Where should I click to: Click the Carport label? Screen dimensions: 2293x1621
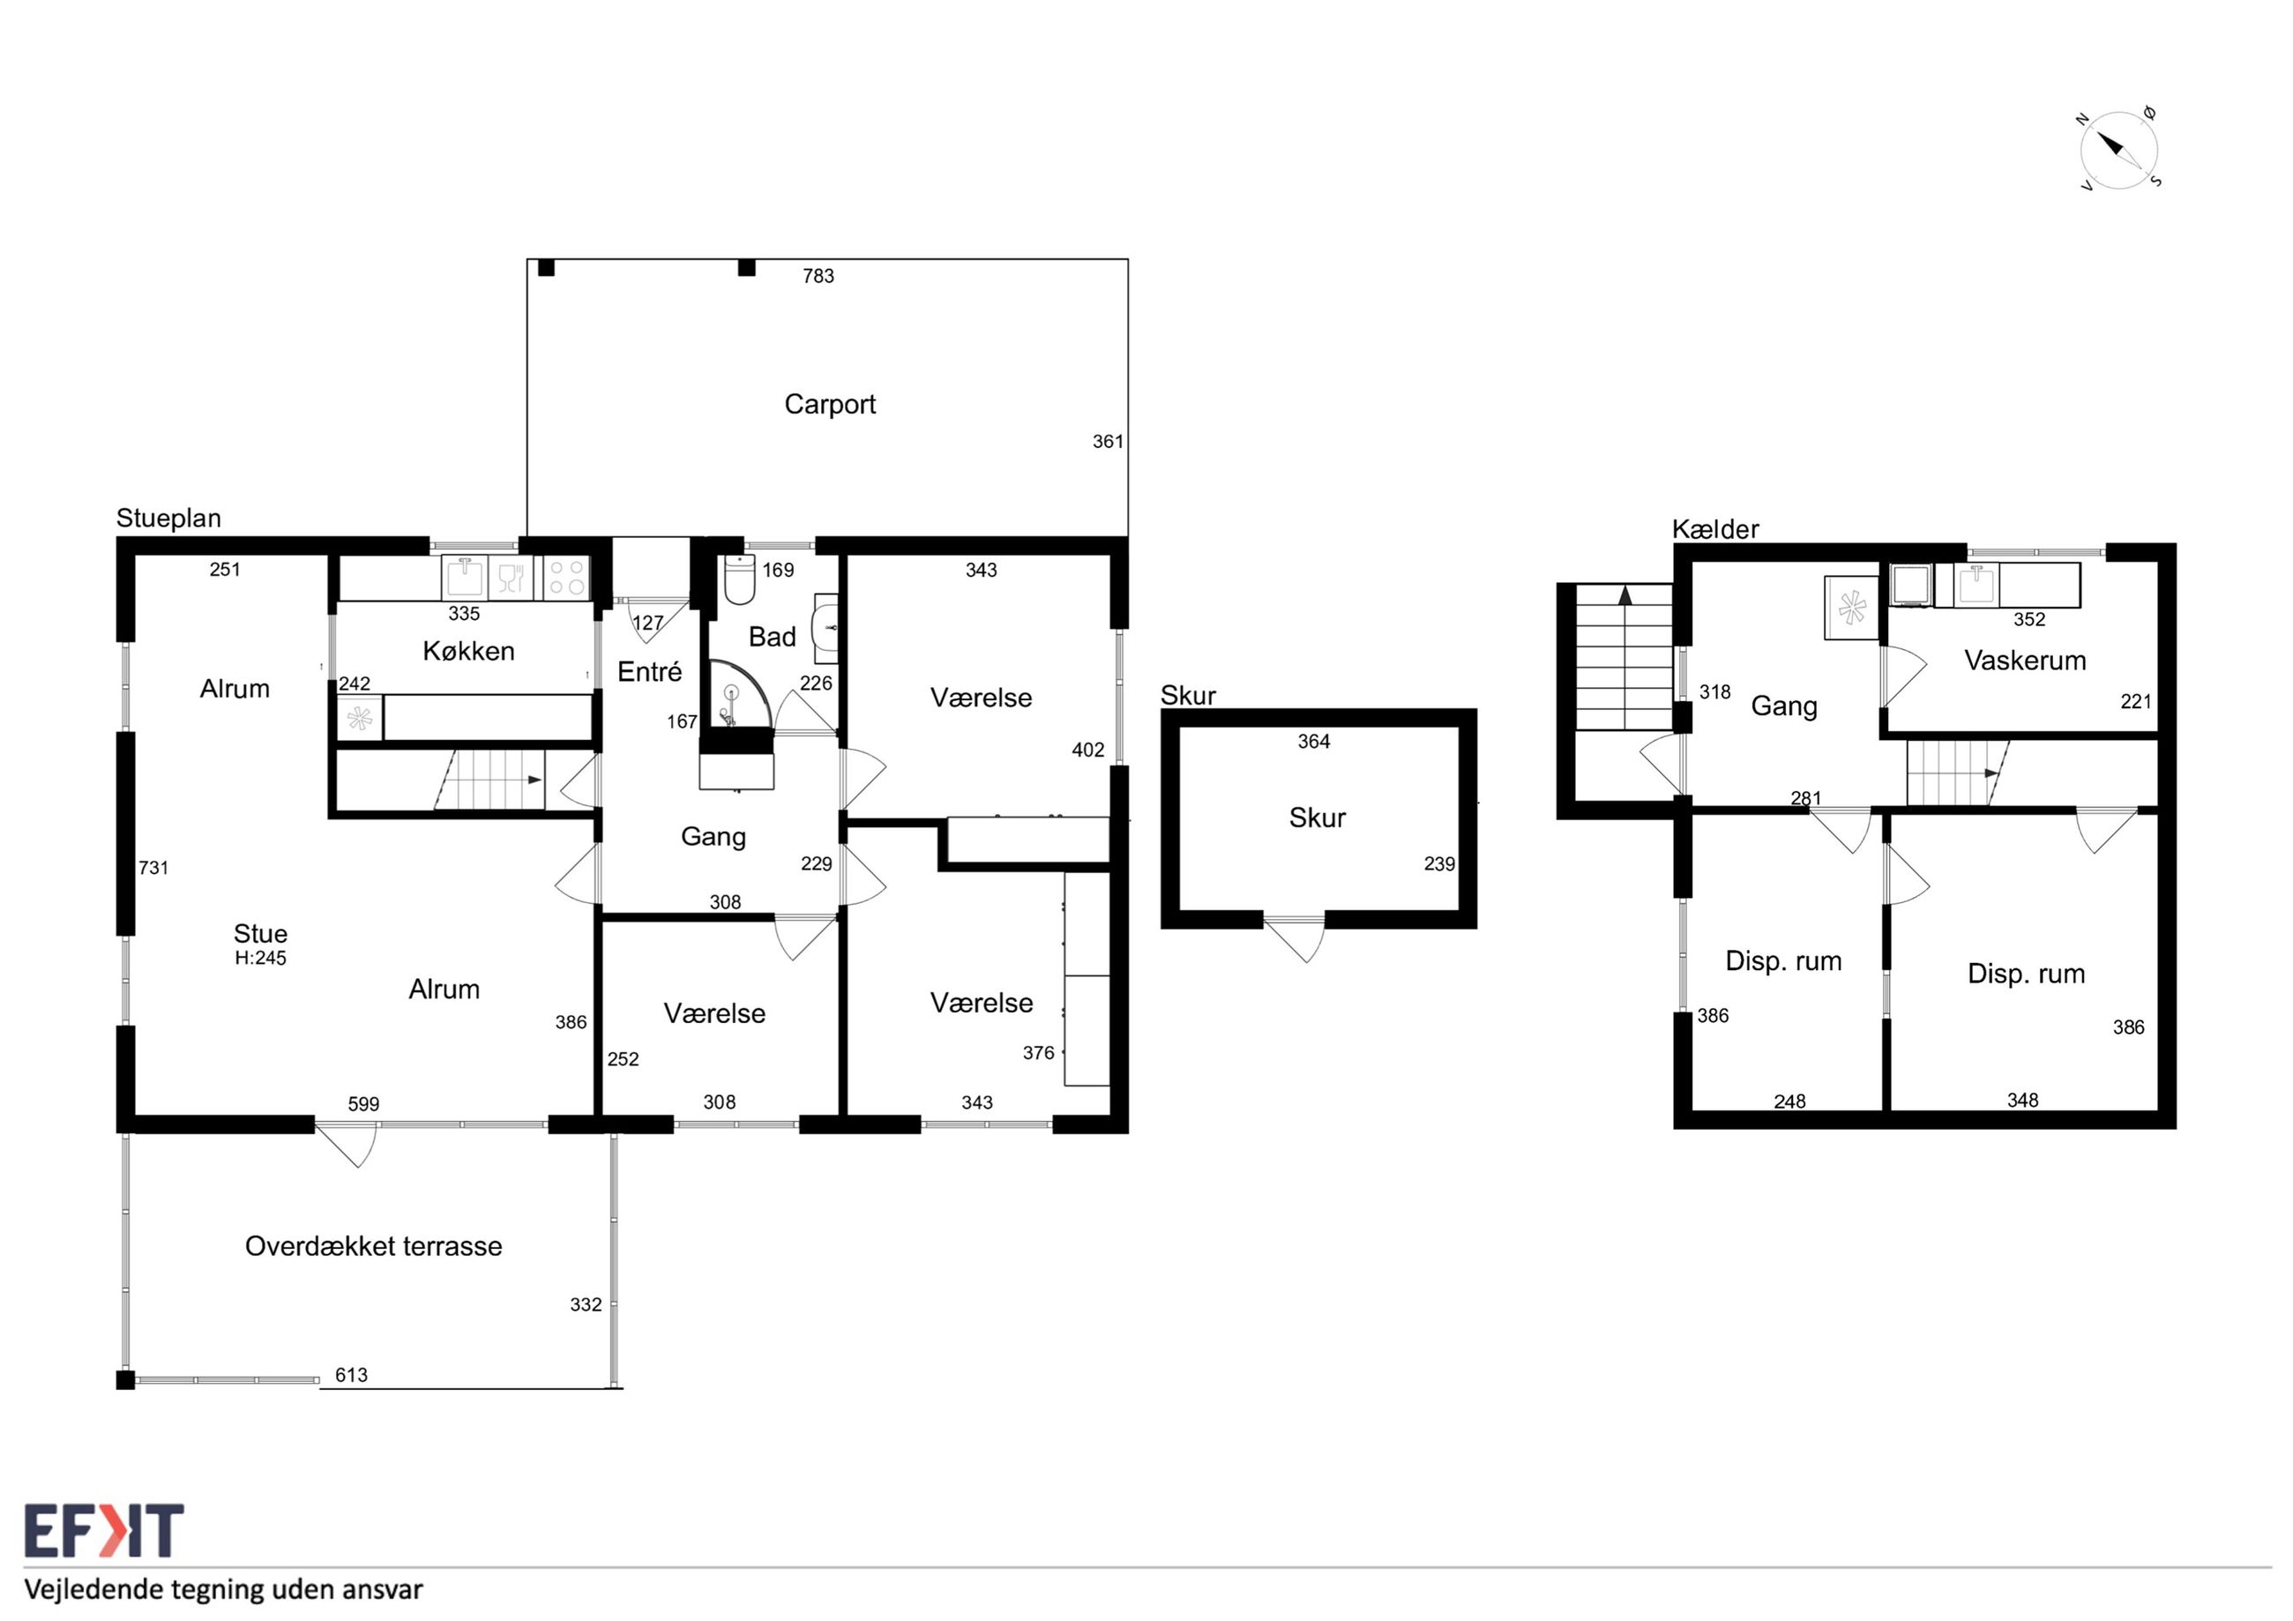pyautogui.click(x=829, y=405)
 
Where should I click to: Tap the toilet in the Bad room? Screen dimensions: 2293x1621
pyautogui.click(x=739, y=579)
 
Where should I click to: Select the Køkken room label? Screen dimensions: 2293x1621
pyautogui.click(x=468, y=651)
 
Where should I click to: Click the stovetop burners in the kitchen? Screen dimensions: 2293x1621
pyautogui.click(x=566, y=578)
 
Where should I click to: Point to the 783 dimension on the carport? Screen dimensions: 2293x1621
pyautogui.click(x=818, y=276)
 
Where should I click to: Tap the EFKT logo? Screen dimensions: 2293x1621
pyautogui.click(x=104, y=1531)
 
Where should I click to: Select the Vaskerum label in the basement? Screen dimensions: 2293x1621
pyautogui.click(x=2024, y=661)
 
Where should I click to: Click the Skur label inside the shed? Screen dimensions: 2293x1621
pyautogui.click(x=1318, y=818)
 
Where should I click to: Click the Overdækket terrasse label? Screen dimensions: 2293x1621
pyautogui.click(x=374, y=1245)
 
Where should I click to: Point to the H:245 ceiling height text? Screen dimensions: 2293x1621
pyautogui.click(x=261, y=958)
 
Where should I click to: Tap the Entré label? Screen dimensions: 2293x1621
pyautogui.click(x=649, y=672)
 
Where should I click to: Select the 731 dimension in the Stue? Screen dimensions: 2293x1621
pyautogui.click(x=153, y=868)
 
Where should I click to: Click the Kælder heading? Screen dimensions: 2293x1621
pyautogui.click(x=1715, y=529)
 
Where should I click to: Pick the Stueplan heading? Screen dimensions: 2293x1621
pyautogui.click(x=168, y=519)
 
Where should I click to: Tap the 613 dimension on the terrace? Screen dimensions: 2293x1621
pyautogui.click(x=352, y=1375)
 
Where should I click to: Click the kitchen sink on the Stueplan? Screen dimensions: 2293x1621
pyautogui.click(x=465, y=578)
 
